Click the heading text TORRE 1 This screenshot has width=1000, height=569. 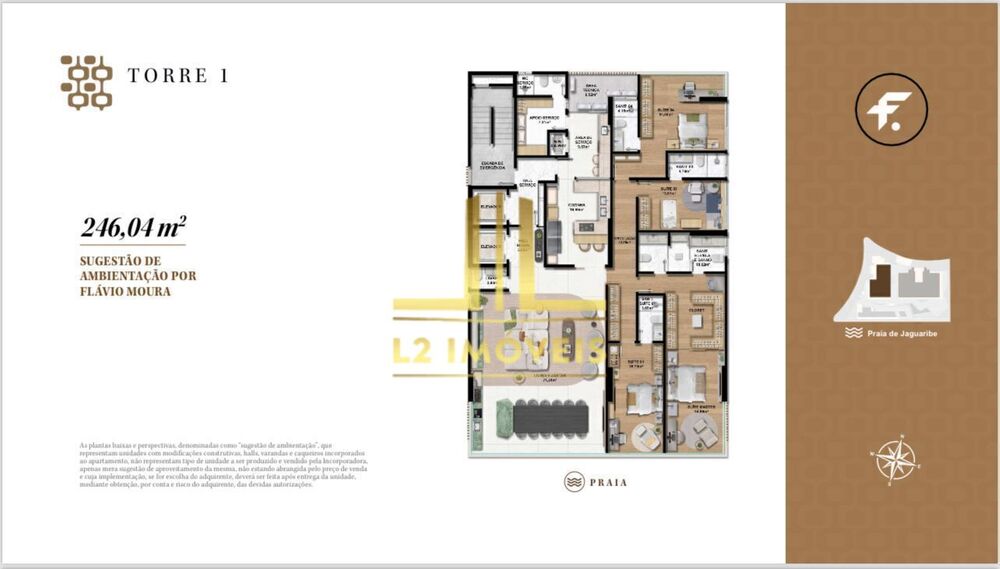pyautogui.click(x=177, y=76)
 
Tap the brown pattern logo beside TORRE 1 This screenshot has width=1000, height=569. pyautogui.click(x=87, y=82)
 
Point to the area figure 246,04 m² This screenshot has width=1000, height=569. pyautogui.click(x=132, y=228)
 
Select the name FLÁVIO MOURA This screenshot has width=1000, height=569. pyautogui.click(x=125, y=292)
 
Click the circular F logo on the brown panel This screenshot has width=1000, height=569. pyautogui.click(x=891, y=110)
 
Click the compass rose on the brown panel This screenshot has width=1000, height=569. pyautogui.click(x=895, y=459)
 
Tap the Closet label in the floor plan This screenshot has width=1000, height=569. pyautogui.click(x=697, y=311)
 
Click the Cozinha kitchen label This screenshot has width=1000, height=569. pyautogui.click(x=576, y=209)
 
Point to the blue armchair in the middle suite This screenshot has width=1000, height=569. pyautogui.click(x=711, y=201)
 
